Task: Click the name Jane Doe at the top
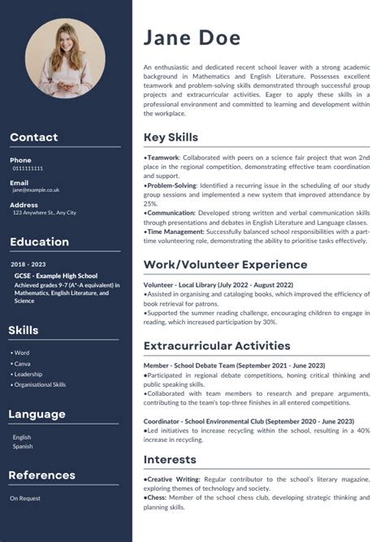pos(192,37)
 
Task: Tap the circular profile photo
pos(65,59)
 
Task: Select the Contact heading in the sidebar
pos(34,137)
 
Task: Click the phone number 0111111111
pos(28,168)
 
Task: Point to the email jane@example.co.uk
pos(36,190)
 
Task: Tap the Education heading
pos(39,241)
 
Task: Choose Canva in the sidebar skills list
pos(23,363)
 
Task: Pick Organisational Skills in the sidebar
pos(39,384)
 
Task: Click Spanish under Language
pos(22,447)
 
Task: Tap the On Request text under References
pos(24,497)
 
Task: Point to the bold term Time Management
pos(175,232)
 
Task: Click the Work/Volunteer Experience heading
pos(225,264)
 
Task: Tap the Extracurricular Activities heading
pos(216,345)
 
